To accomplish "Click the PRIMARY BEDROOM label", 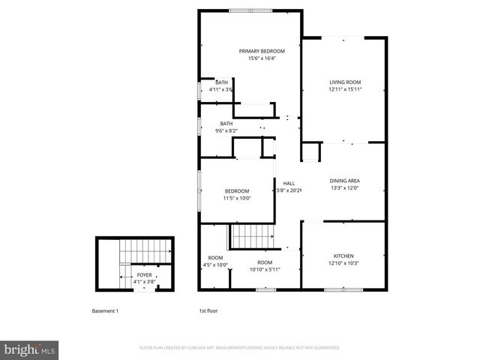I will click(x=252, y=51).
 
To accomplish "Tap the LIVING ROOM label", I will click(x=345, y=82).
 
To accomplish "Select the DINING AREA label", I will click(x=345, y=181).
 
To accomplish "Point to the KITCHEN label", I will click(x=344, y=256).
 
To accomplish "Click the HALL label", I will click(x=289, y=183).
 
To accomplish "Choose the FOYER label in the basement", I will click(x=142, y=275).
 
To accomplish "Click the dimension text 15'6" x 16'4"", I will click(x=252, y=58).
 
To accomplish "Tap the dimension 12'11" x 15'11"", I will click(x=345, y=89).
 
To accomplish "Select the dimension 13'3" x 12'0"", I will click(x=345, y=188).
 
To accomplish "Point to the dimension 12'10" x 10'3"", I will click(x=344, y=263).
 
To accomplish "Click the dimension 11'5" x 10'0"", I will click(x=236, y=199).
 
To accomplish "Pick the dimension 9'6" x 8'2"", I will click(x=226, y=131).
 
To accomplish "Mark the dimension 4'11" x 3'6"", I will click(x=220, y=89).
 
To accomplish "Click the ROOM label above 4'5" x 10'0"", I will click(x=215, y=257).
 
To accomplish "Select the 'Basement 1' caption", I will click(x=105, y=310).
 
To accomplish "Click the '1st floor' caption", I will click(x=208, y=310).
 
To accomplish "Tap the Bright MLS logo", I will click(x=30, y=349).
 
